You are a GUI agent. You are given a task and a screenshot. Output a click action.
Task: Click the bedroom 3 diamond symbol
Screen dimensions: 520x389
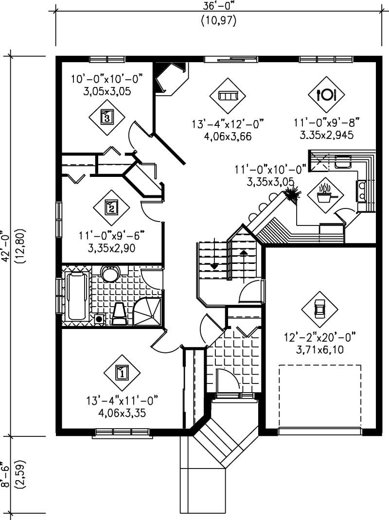pos(107,117)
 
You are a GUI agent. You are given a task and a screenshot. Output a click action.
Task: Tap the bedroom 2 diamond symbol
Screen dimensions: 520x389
pos(111,208)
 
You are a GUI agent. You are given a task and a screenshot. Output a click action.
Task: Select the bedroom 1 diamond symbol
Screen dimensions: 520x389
pos(122,373)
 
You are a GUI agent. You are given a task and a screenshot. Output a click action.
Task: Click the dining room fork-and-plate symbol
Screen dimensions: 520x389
pos(326,94)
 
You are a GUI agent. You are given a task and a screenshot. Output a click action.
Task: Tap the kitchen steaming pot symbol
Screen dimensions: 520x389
pos(325,195)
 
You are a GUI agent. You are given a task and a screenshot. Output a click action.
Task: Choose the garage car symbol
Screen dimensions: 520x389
pos(319,309)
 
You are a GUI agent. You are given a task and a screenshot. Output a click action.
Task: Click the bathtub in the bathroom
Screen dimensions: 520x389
pos(77,296)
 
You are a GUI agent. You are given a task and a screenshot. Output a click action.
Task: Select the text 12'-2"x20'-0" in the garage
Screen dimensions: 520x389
pos(320,337)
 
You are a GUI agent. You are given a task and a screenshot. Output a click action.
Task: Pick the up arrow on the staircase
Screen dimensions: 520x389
pos(243,253)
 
